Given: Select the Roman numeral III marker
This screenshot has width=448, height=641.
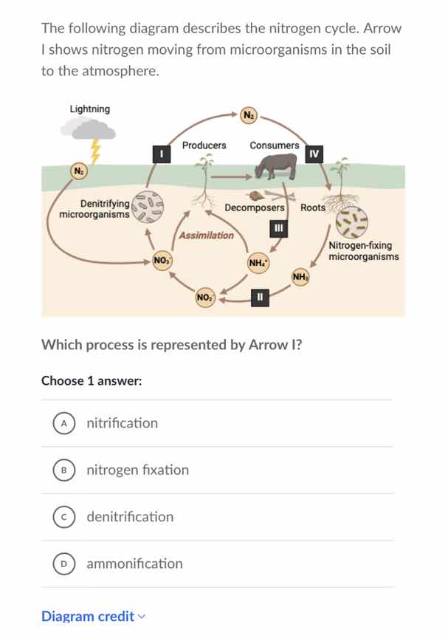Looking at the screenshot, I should (278, 227).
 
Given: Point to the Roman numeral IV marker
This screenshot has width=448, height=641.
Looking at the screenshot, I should (314, 153).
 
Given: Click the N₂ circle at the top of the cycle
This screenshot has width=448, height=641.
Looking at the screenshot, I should (249, 114).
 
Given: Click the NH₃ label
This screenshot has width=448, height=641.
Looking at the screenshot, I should (300, 277).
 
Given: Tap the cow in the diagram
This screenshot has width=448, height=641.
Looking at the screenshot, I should (275, 166).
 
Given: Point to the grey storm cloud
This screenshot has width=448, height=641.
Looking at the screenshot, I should (88, 130).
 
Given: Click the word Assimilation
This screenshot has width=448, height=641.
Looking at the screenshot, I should (207, 236).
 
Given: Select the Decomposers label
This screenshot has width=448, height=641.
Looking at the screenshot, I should (255, 208).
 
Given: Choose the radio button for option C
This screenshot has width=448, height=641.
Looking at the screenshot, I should (65, 517).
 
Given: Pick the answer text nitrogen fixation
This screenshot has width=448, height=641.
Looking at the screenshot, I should (137, 470).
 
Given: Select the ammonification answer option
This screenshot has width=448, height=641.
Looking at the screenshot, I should (134, 563).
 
